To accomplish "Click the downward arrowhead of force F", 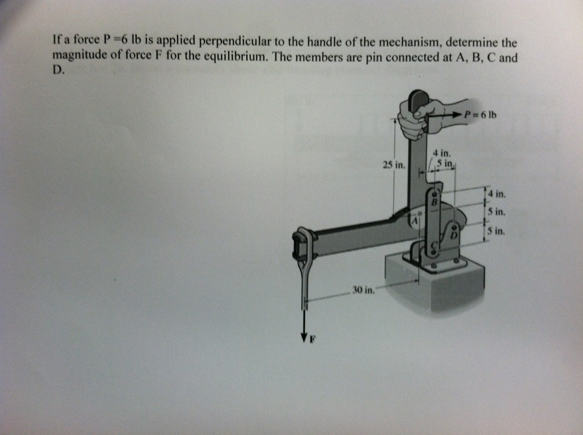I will [x=303, y=336].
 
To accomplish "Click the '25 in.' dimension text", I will [x=394, y=166].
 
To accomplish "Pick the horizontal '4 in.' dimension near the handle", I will [x=441, y=153].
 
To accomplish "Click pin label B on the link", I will [x=434, y=202].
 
